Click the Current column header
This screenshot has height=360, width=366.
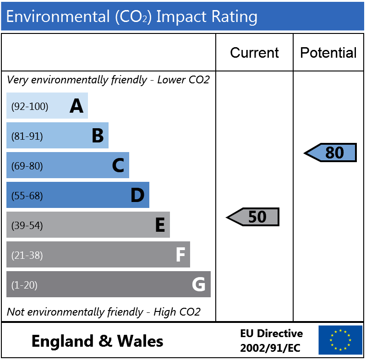(x=254, y=53)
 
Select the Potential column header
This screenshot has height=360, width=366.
(x=328, y=53)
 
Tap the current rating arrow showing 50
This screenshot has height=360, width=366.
(x=253, y=217)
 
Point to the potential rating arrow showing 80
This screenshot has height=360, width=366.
(x=330, y=153)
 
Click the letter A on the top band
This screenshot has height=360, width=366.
(x=76, y=106)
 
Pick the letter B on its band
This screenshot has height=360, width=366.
(x=98, y=136)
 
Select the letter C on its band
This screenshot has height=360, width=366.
(x=118, y=165)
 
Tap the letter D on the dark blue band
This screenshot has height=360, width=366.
(x=137, y=195)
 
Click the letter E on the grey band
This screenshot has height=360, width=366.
(x=160, y=224)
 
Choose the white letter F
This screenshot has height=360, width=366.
(x=180, y=255)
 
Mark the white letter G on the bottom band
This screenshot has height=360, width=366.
(x=199, y=284)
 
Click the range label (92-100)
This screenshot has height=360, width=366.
(x=30, y=106)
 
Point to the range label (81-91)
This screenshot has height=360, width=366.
(x=27, y=136)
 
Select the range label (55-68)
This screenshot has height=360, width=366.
(x=27, y=196)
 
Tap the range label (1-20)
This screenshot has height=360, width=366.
(x=24, y=285)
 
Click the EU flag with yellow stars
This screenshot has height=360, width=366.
(x=340, y=340)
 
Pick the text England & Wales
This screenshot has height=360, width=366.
(x=97, y=341)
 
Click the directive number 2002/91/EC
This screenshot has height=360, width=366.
(x=270, y=348)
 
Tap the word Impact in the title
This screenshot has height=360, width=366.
(x=181, y=17)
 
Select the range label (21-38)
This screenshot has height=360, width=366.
(x=27, y=255)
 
